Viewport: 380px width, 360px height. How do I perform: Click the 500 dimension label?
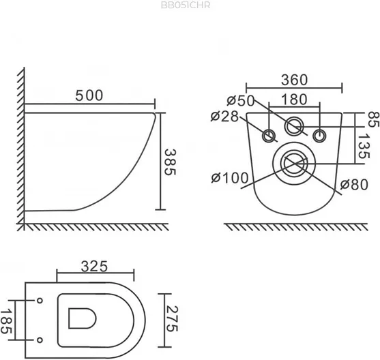89,95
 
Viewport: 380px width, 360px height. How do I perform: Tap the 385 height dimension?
170,162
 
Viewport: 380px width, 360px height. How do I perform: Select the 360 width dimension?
294,80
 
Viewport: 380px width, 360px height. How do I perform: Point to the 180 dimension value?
294,100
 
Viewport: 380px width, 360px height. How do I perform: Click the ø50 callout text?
241,100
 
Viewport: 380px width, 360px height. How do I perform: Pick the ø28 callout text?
224,117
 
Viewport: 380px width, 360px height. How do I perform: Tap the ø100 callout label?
230,178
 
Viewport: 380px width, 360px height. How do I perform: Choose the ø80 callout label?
354,185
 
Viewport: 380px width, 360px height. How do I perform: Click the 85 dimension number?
373,119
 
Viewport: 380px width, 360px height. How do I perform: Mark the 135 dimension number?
364,147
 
